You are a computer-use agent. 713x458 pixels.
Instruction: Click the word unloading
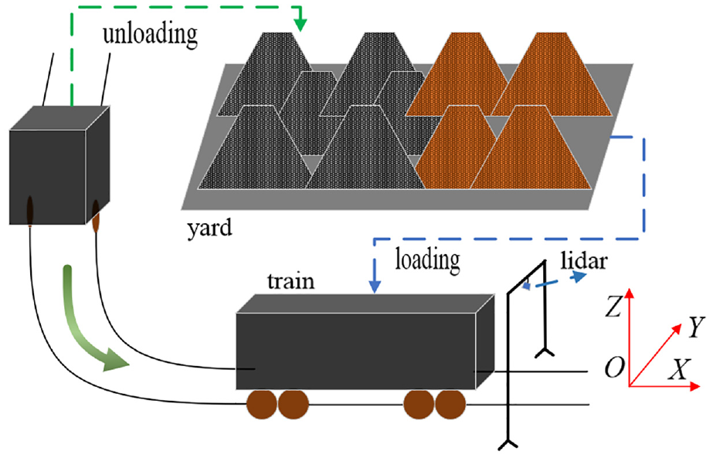pyautogui.click(x=150, y=34)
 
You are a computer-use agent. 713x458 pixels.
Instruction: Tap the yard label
pyautogui.click(x=209, y=228)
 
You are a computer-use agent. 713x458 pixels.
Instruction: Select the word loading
pyautogui.click(x=427, y=260)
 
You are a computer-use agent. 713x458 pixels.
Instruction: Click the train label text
pyautogui.click(x=290, y=281)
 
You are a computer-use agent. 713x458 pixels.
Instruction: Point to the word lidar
pyautogui.click(x=584, y=260)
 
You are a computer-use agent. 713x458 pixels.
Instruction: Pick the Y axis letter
pyautogui.click(x=696, y=327)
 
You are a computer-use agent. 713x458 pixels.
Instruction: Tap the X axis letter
pyautogui.click(x=679, y=369)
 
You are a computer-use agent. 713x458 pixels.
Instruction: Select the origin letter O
pyautogui.click(x=614, y=367)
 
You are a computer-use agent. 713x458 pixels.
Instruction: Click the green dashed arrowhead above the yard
pyautogui.click(x=300, y=25)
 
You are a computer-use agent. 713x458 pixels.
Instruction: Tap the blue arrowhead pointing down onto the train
pyautogui.click(x=374, y=287)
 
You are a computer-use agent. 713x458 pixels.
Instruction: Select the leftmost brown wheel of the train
pyautogui.click(x=261, y=404)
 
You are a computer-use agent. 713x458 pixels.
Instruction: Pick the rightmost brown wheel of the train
pyautogui.click(x=450, y=404)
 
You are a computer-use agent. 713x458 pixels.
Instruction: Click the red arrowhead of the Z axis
pyautogui.click(x=630, y=293)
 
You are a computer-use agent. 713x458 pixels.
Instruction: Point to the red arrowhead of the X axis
pyautogui.click(x=694, y=387)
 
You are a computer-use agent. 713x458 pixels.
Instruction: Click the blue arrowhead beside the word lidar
pyautogui.click(x=579, y=276)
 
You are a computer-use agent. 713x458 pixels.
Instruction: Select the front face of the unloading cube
pyautogui.click(x=48, y=178)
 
